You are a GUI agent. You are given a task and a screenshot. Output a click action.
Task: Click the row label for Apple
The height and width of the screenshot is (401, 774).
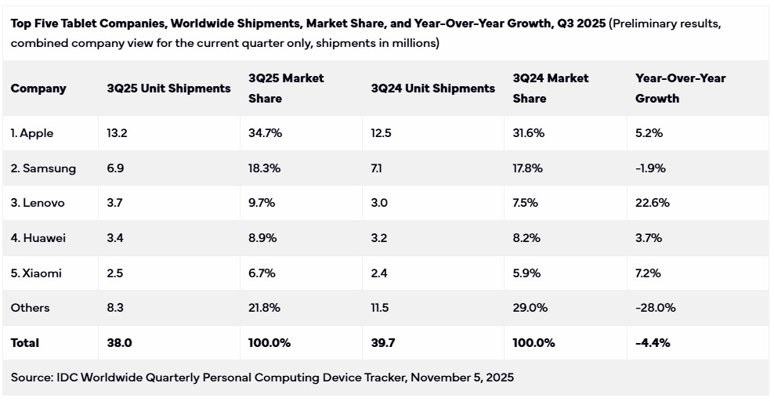tap(32, 133)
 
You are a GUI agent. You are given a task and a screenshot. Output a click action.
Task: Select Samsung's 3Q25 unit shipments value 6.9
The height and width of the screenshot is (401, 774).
tap(115, 168)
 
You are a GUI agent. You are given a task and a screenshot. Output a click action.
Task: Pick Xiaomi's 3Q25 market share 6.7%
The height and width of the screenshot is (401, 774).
tap(264, 273)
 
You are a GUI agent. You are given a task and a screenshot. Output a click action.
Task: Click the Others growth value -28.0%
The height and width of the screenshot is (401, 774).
tap(656, 308)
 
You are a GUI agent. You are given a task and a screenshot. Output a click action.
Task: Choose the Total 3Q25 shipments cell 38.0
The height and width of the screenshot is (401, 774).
tap(119, 343)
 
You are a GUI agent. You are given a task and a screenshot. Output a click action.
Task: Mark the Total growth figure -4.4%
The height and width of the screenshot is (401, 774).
tap(653, 343)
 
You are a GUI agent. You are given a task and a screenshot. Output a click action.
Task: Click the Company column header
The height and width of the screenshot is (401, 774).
tap(38, 89)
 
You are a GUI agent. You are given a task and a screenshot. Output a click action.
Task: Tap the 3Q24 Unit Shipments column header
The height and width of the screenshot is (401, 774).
tap(432, 89)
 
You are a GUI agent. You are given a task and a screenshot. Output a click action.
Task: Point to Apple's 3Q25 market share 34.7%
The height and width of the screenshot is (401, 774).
tap(266, 133)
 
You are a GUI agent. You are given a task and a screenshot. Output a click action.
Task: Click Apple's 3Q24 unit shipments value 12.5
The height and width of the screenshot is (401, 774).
tap(382, 133)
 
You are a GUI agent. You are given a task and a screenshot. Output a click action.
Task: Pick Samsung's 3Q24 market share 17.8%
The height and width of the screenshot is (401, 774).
tap(529, 168)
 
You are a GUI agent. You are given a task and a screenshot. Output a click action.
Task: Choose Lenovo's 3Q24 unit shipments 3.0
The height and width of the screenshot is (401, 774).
tap(379, 203)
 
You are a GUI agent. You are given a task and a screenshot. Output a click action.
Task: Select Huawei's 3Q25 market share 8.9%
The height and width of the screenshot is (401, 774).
tap(265, 238)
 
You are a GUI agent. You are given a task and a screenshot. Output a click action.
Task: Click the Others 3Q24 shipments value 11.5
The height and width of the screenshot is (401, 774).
tap(380, 308)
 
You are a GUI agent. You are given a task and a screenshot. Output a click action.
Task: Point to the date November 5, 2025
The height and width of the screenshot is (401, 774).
tap(462, 378)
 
